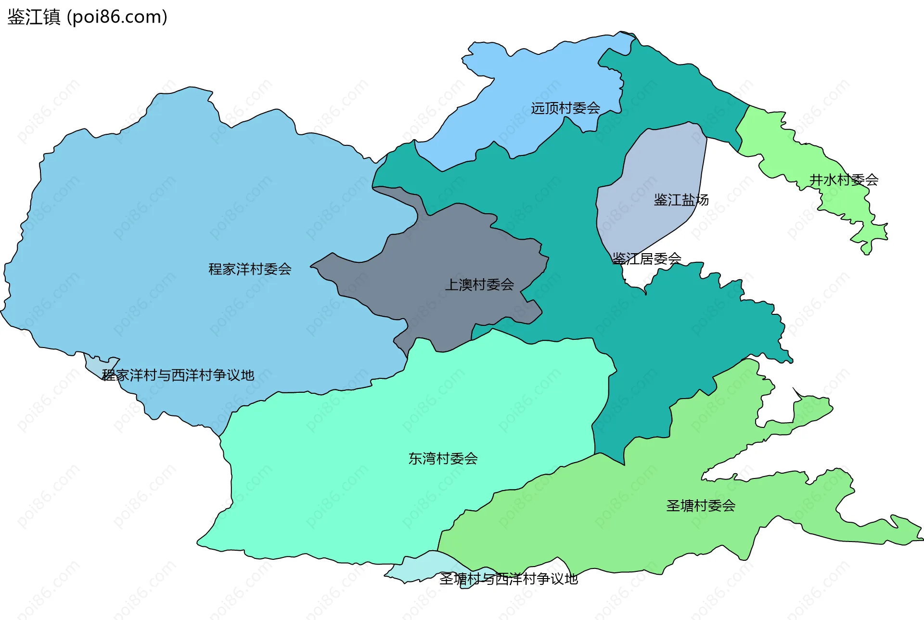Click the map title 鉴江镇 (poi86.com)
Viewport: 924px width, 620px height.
click(87, 17)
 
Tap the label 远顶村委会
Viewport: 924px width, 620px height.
click(565, 108)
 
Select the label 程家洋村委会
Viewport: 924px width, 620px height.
click(250, 269)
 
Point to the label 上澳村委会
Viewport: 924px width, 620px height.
click(479, 285)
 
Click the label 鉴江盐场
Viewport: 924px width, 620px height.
click(681, 200)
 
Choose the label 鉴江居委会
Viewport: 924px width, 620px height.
click(647, 259)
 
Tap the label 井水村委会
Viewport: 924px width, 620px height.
click(844, 180)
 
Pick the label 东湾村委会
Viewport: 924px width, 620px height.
click(443, 459)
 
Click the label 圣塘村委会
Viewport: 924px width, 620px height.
click(701, 506)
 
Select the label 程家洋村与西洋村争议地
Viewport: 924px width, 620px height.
click(178, 375)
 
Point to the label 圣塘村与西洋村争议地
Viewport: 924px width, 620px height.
click(508, 579)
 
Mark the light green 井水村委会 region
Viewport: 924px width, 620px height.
click(780, 144)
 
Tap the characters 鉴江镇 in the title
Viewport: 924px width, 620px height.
click(34, 17)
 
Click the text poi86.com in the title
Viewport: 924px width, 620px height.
click(117, 17)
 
